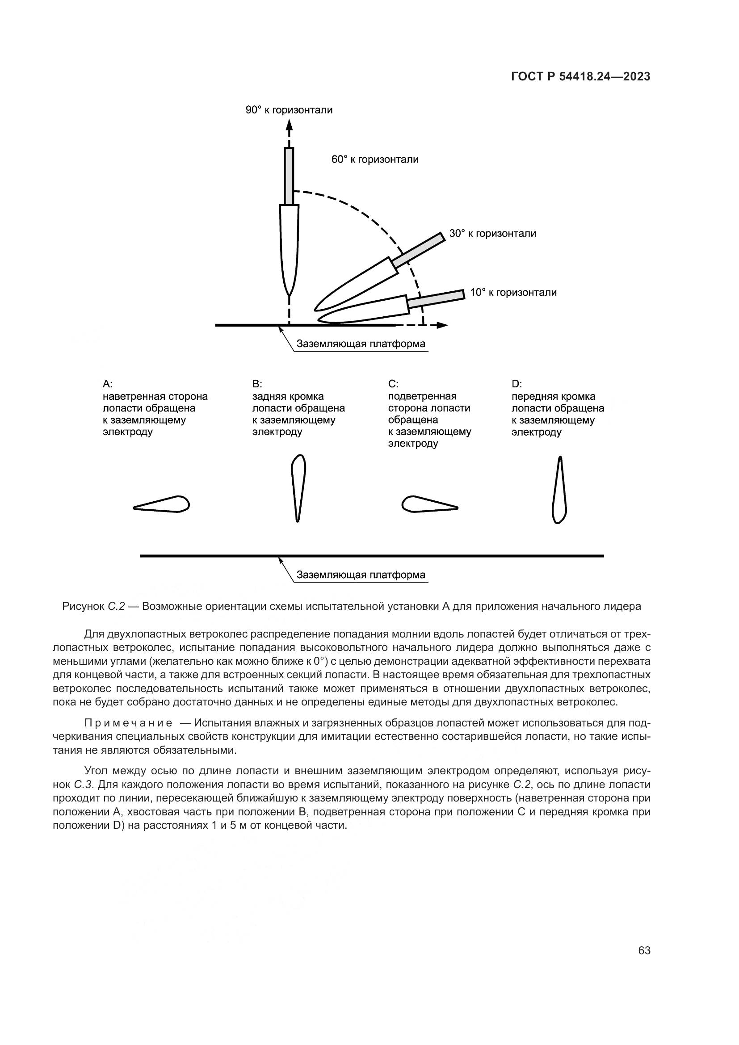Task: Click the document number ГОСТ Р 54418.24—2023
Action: (581, 77)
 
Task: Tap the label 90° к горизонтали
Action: (289, 110)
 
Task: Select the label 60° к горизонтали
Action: (375, 160)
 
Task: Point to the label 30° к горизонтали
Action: (492, 234)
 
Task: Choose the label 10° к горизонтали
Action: (513, 293)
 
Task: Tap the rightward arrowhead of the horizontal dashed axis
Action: (442, 325)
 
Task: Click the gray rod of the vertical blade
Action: (289, 176)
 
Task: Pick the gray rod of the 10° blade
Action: (436, 298)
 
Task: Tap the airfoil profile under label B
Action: (298, 487)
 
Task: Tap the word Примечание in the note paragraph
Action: (128, 723)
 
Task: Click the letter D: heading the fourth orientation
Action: (516, 384)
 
